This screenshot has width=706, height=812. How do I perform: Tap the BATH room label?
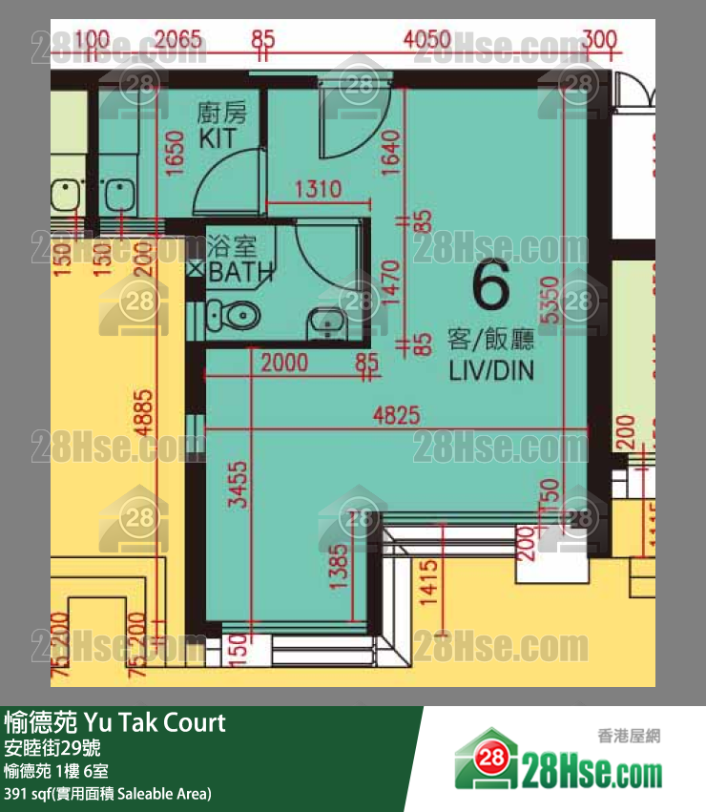click(x=240, y=272)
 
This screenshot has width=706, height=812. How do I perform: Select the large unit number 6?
click(x=490, y=286)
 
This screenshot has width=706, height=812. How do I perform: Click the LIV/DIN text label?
click(x=491, y=370)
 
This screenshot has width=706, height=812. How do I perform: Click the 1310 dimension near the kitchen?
click(x=317, y=189)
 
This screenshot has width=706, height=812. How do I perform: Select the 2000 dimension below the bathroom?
click(x=283, y=362)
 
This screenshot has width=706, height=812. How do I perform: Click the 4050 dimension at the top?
click(x=426, y=40)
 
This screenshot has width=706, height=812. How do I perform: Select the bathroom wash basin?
click(x=327, y=322)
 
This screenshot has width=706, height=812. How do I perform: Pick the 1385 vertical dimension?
click(x=335, y=570)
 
